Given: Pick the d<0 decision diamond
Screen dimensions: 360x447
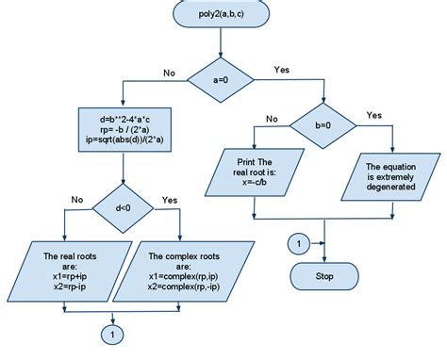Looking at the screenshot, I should click(x=124, y=210).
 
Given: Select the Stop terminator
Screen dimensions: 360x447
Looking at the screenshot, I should click(x=325, y=276).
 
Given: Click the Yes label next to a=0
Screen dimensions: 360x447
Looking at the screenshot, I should click(x=281, y=70).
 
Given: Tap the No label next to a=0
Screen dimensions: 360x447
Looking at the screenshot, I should click(x=170, y=71).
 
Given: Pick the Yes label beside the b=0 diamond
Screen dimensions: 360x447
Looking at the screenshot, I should click(x=374, y=115).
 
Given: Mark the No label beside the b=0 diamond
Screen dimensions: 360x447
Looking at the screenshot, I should click(x=272, y=119).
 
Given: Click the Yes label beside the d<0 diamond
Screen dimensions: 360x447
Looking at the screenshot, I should click(x=170, y=200).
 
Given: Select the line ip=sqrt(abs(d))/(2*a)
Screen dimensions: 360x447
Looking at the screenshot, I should click(x=124, y=140).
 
